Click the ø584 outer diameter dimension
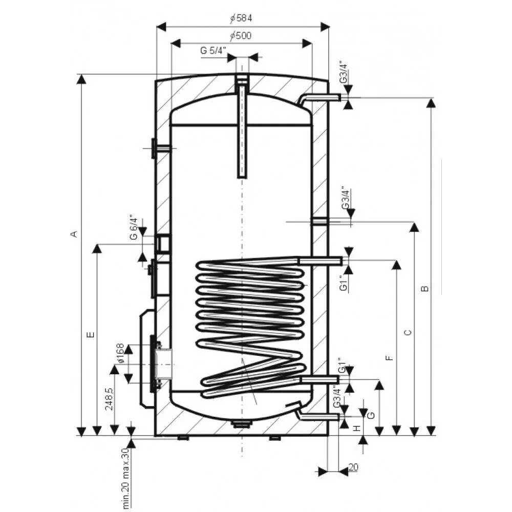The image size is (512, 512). [x=241, y=18]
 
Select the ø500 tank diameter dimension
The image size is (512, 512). [x=241, y=35]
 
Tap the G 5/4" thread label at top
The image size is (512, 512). [x=213, y=51]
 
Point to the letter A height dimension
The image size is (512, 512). [x=74, y=234]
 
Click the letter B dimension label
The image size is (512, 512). [x=424, y=289]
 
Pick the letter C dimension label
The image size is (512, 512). [x=408, y=333]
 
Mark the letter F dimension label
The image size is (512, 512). [x=389, y=358]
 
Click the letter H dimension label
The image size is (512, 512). [x=357, y=428]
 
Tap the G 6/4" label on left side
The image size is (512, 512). [x=134, y=227]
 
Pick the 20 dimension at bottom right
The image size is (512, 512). [x=353, y=467]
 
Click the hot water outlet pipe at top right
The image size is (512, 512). [x=320, y=99]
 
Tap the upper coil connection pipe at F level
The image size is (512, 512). [x=319, y=261]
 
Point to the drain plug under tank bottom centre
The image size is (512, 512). [x=242, y=424]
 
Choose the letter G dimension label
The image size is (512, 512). [x=371, y=415]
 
